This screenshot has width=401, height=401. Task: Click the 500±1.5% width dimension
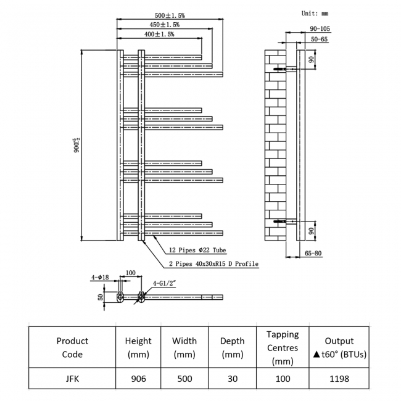pyautogui.click(x=169, y=15)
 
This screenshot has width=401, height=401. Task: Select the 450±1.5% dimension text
pyautogui.click(x=164, y=25)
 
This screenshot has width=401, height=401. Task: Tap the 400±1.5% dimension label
pyautogui.click(x=159, y=35)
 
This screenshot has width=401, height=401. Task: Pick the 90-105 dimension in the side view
pyautogui.click(x=321, y=28)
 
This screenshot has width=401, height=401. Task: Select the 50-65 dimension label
pyautogui.click(x=320, y=39)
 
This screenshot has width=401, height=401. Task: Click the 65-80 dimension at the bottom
pyautogui.click(x=313, y=254)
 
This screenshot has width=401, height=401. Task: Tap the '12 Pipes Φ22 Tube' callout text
pyautogui.click(x=197, y=250)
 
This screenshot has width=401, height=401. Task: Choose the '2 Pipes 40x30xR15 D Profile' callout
pyautogui.click(x=213, y=264)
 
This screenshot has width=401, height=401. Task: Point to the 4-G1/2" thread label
pyautogui.click(x=164, y=284)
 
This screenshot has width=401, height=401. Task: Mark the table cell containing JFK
pyautogui.click(x=72, y=378)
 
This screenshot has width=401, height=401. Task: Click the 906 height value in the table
pyautogui.click(x=138, y=378)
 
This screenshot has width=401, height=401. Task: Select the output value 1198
pyautogui.click(x=339, y=378)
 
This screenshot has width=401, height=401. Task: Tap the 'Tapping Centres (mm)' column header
pyautogui.click(x=283, y=347)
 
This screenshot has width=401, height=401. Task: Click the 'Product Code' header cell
pyautogui.click(x=72, y=347)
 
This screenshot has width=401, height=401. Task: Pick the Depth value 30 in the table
pyautogui.click(x=232, y=378)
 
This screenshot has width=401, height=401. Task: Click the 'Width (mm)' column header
pyautogui.click(x=184, y=347)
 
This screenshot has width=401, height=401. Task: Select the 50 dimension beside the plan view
pyautogui.click(x=99, y=297)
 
